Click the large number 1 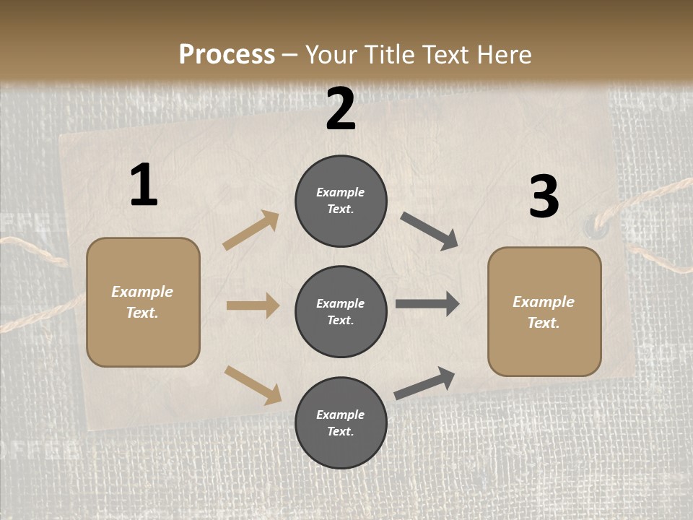[144, 186]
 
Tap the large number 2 [341, 109]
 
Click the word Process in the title [227, 54]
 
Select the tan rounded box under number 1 [143, 302]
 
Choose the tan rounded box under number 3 [544, 311]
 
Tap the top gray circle [341, 201]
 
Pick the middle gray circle [341, 311]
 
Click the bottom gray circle [341, 422]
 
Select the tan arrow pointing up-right [251, 230]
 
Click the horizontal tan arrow [253, 305]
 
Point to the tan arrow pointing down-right [253, 385]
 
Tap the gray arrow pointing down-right [429, 231]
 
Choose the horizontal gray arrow [427, 304]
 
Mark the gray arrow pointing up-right [424, 383]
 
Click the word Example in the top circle [341, 192]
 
